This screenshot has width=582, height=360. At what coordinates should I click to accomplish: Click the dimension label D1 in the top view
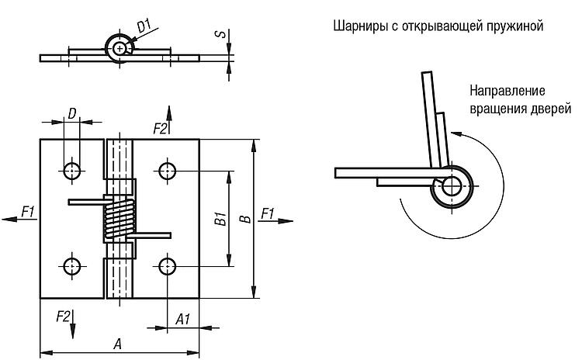144,26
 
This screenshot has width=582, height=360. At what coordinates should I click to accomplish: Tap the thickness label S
220,34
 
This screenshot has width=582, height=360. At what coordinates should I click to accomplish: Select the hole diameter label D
72,113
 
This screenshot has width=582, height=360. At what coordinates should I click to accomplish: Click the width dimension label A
117,344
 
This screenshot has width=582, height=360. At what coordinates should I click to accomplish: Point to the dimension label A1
183,319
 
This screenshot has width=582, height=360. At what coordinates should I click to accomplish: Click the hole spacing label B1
220,219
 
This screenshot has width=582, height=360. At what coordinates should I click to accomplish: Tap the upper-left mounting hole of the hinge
71,171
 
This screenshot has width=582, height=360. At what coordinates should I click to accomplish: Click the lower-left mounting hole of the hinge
71,266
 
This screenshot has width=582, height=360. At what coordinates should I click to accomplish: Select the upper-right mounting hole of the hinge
167,171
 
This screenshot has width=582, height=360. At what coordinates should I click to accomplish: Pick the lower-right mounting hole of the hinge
167,266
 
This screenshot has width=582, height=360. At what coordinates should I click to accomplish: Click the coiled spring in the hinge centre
120,219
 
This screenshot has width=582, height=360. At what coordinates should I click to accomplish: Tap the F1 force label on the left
28,212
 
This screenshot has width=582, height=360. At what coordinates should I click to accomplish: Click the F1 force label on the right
268,213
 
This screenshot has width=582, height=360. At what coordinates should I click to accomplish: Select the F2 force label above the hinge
161,129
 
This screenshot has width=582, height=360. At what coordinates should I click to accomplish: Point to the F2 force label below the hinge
63,317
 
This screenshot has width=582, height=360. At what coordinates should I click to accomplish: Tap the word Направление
508,91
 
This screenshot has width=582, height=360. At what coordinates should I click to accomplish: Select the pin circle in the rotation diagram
452,185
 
